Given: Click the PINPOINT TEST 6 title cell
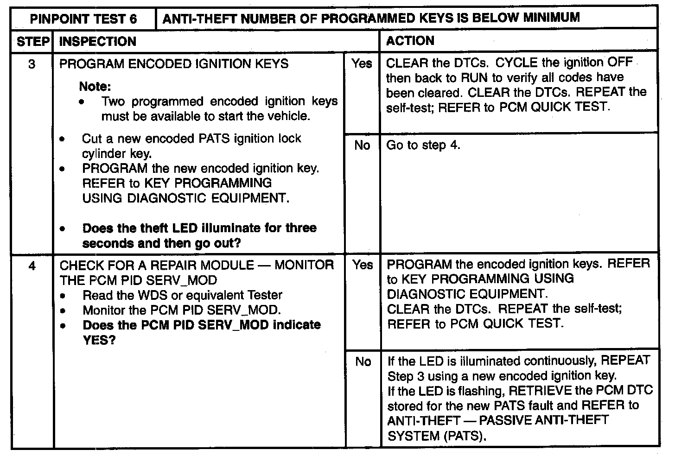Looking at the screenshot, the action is [x=83, y=19].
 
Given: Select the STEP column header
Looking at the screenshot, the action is [x=32, y=41].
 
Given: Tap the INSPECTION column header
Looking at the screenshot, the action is [x=98, y=41].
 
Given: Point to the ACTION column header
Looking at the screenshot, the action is [x=410, y=41].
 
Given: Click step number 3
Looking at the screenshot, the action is [x=32, y=64].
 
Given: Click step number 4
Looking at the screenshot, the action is [x=32, y=266].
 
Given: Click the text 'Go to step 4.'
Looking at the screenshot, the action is [x=423, y=145].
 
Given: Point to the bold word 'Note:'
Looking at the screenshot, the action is [x=96, y=87].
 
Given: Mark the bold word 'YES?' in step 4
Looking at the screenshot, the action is [x=99, y=340].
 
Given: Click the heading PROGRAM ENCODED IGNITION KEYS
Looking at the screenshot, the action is [x=174, y=63].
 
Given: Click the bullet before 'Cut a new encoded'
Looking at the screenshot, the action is [x=63, y=139].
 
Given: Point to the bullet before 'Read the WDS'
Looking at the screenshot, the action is [x=63, y=296].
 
